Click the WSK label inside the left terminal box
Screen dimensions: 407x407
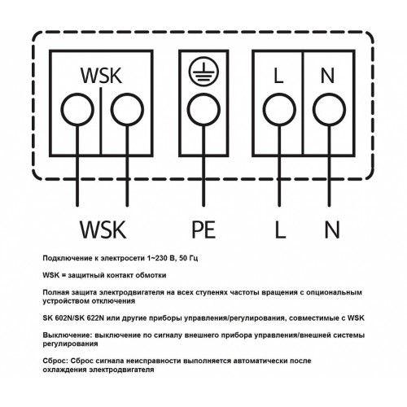click(101, 75)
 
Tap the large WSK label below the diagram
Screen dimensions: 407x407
click(103, 230)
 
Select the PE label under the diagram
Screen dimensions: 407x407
click(203, 230)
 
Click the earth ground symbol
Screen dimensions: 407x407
click(203, 72)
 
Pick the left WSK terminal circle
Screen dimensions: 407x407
click(77, 110)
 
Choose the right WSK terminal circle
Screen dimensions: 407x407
click(127, 110)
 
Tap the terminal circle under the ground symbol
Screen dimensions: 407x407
click(203, 110)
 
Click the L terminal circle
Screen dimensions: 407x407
click(279, 110)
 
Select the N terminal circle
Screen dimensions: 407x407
click(329, 110)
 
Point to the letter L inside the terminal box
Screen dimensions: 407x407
click(278, 76)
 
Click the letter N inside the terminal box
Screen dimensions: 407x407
click(327, 76)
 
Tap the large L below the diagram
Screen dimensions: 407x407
click(280, 230)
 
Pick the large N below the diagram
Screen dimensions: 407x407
click(332, 230)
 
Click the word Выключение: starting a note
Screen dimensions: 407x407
click(68, 335)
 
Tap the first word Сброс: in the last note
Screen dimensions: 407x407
click(55, 361)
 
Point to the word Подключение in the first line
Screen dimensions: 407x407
click(68, 258)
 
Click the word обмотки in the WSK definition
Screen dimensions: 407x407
click(151, 275)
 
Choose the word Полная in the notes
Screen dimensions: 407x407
click(55, 292)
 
